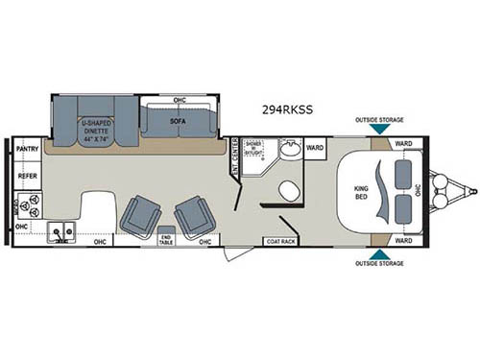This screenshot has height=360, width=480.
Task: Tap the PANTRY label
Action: pyautogui.click(x=27, y=150)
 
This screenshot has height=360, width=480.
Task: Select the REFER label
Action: pyautogui.click(x=27, y=177)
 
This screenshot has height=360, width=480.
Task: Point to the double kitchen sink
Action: pyautogui.click(x=64, y=231)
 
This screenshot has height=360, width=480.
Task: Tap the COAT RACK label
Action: pyautogui.click(x=281, y=242)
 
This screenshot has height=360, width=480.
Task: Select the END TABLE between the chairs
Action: pyautogui.click(x=165, y=240)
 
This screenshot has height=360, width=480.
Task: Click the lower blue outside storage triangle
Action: pyautogui.click(x=379, y=254)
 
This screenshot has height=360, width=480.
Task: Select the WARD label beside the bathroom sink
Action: pyautogui.click(x=314, y=149)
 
